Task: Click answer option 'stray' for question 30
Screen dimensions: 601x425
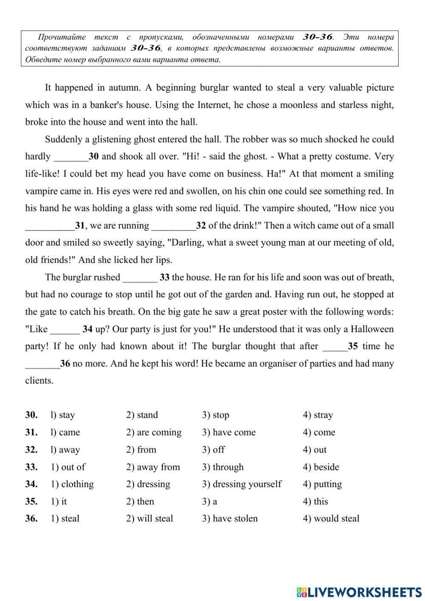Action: pyautogui.click(x=318, y=415)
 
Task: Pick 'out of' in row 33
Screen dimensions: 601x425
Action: pyautogui.click(x=68, y=467)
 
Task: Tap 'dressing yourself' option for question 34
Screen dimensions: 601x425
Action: pyautogui.click(x=242, y=484)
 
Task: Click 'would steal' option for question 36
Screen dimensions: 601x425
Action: pyautogui.click(x=331, y=518)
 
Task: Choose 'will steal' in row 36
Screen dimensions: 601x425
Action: pyautogui.click(x=150, y=518)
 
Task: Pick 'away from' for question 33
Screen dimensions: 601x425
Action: pyautogui.click(x=153, y=467)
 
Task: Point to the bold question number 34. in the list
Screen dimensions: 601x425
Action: pyautogui.click(x=31, y=484)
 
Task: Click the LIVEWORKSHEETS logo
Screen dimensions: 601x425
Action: pyautogui.click(x=359, y=592)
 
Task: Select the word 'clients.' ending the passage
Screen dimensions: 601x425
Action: pyautogui.click(x=40, y=381)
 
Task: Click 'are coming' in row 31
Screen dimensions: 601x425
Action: pyautogui.click(x=154, y=433)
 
